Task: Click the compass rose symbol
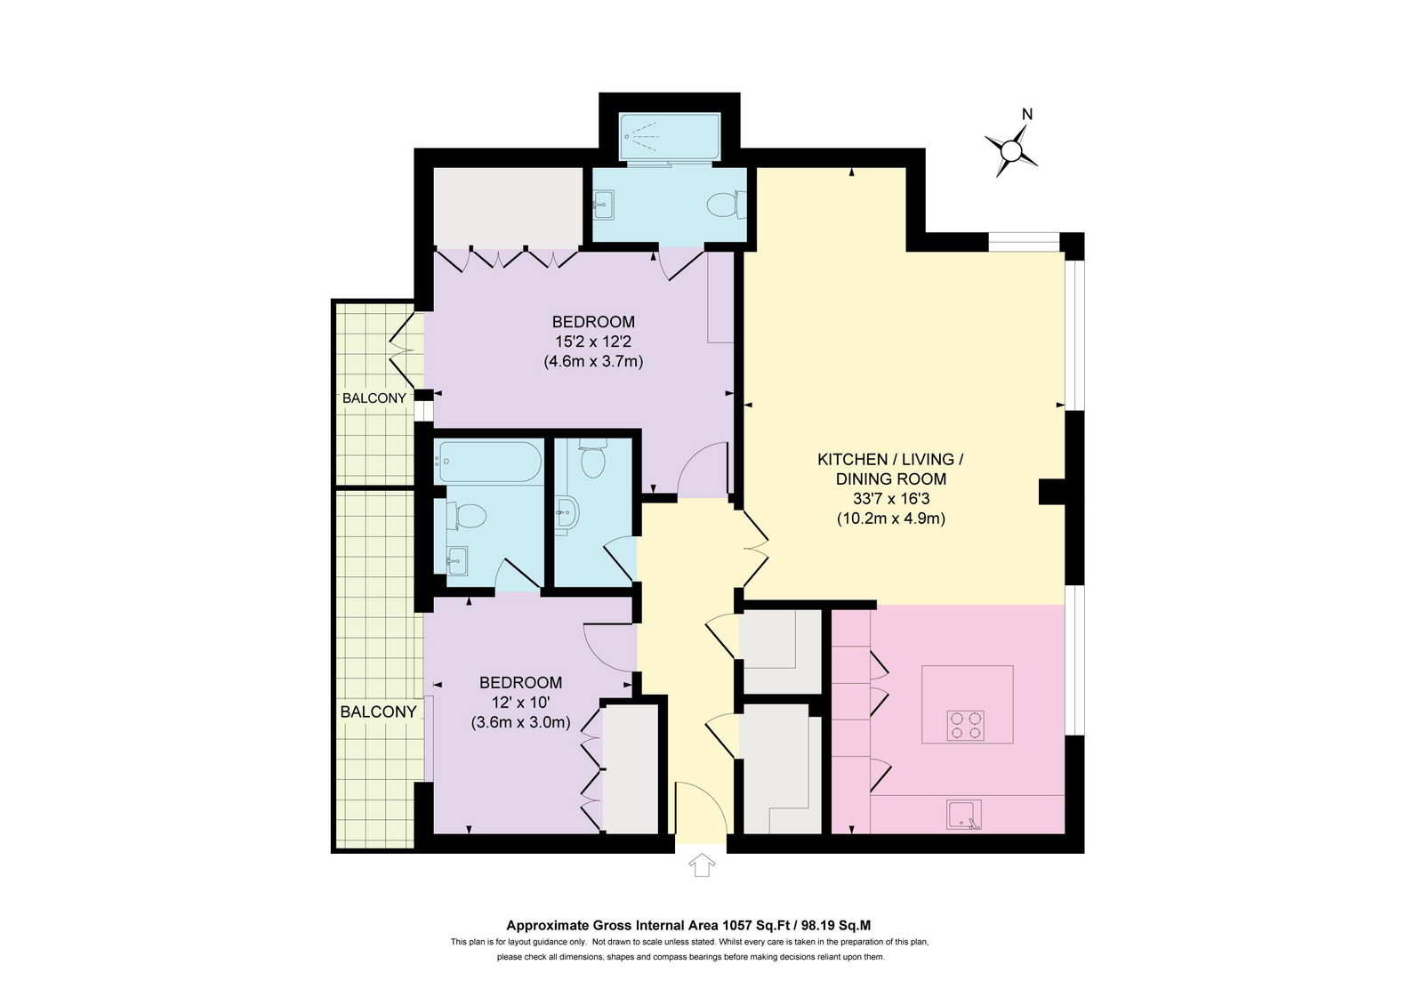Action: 1010,151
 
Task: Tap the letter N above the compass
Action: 1027,115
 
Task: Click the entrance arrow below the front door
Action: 702,865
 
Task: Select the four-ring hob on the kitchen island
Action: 966,726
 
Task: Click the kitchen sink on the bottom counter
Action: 964,815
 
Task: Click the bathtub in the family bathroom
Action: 488,462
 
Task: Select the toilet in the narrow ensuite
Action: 592,458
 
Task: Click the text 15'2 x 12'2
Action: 592,342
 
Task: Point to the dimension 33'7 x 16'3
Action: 890,499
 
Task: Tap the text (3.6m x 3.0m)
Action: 520,722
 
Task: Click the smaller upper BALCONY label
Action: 374,398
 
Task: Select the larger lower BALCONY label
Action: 378,712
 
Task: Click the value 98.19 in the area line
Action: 818,925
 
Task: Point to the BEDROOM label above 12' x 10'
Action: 520,682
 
